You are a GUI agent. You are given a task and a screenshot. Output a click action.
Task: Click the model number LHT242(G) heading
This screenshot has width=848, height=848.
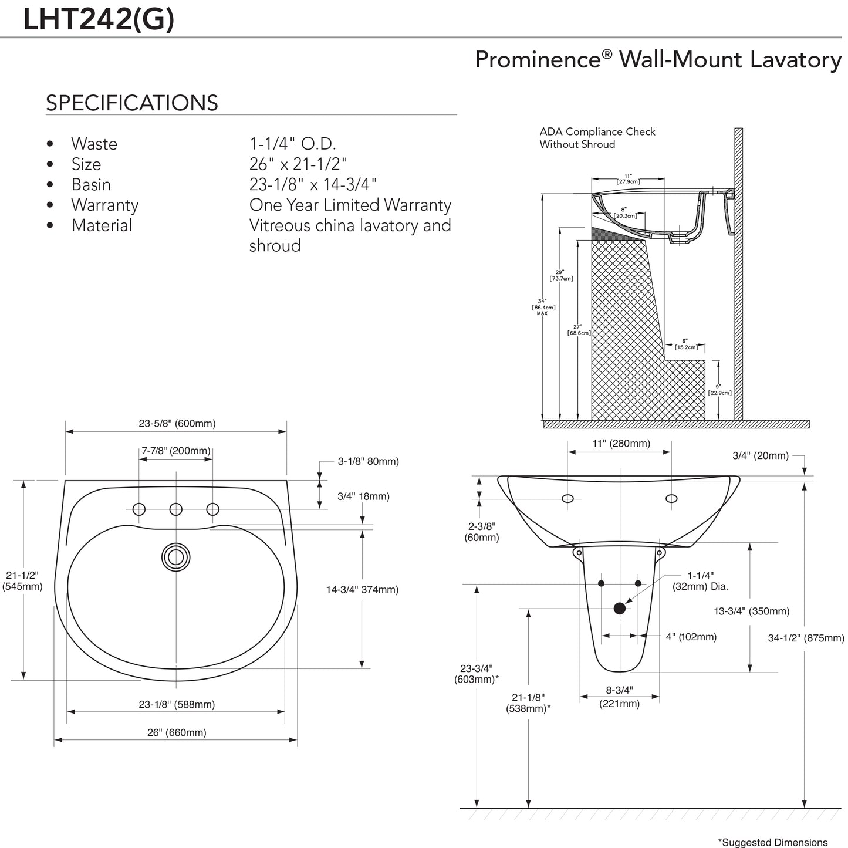pyautogui.click(x=98, y=19)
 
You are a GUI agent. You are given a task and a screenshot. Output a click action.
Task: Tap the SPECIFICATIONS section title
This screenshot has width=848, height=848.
pyautogui.click(x=131, y=103)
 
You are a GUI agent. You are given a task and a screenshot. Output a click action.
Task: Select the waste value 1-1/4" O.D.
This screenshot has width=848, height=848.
pyautogui.click(x=292, y=144)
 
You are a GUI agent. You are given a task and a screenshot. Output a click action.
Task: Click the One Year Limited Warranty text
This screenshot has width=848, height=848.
pyautogui.click(x=350, y=205)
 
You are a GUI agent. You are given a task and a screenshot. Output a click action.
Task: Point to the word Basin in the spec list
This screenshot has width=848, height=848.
pyautogui.click(x=91, y=184)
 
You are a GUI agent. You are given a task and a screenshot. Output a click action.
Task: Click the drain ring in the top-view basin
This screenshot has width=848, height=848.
pyautogui.click(x=176, y=557)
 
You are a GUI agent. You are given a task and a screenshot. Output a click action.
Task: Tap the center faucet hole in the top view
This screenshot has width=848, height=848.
pyautogui.click(x=176, y=509)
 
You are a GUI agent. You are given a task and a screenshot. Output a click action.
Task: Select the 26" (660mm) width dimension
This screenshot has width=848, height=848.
pyautogui.click(x=177, y=732)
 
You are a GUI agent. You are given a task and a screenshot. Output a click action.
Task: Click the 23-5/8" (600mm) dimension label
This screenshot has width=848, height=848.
pyautogui.click(x=177, y=423)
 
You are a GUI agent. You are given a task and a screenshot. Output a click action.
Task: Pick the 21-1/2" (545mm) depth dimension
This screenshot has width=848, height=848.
pyautogui.click(x=22, y=580)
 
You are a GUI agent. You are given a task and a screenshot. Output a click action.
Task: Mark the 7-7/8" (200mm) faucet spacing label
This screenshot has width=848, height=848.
pyautogui.click(x=175, y=451)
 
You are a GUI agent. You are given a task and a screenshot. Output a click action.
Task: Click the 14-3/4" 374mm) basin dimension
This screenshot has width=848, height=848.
pyautogui.click(x=362, y=589)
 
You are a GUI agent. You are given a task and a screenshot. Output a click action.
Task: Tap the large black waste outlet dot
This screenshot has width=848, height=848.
pyautogui.click(x=619, y=609)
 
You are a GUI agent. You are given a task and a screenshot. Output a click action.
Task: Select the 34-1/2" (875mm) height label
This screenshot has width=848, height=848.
pyautogui.click(x=806, y=638)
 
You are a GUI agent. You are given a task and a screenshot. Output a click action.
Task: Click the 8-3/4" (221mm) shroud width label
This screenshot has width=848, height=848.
pyautogui.click(x=619, y=697)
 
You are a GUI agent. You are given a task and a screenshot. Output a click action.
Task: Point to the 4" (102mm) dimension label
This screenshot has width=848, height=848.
pyautogui.click(x=691, y=637)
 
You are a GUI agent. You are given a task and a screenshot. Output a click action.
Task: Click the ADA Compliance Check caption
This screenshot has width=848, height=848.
pyautogui.click(x=597, y=138)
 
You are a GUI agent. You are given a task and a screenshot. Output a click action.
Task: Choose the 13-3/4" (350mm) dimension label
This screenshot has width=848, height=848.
pyautogui.click(x=751, y=611)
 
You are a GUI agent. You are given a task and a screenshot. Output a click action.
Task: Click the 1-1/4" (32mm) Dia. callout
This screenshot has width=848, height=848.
pyautogui.click(x=700, y=581)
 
